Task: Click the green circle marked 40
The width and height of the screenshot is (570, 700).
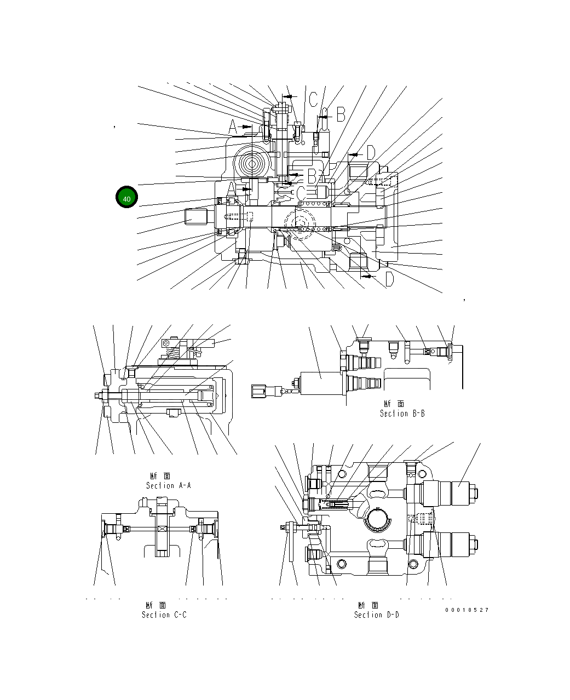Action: (x=126, y=198)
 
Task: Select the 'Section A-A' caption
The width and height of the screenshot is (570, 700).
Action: (x=168, y=485)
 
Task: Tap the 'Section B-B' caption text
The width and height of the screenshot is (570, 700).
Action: (x=402, y=414)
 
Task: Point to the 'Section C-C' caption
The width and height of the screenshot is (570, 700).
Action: (x=164, y=615)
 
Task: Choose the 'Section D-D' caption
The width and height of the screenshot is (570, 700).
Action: (x=376, y=615)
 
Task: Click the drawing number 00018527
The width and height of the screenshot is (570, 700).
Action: (x=467, y=610)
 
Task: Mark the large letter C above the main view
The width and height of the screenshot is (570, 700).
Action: (x=313, y=100)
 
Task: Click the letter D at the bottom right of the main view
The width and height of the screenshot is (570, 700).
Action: (x=389, y=280)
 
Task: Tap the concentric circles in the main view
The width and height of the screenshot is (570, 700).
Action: (x=253, y=164)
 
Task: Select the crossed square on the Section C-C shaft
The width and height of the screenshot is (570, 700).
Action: (x=162, y=529)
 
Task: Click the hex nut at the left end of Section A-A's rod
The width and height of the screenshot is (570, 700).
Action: (x=99, y=395)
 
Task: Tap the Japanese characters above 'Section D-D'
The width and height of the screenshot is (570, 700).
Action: (x=369, y=605)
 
